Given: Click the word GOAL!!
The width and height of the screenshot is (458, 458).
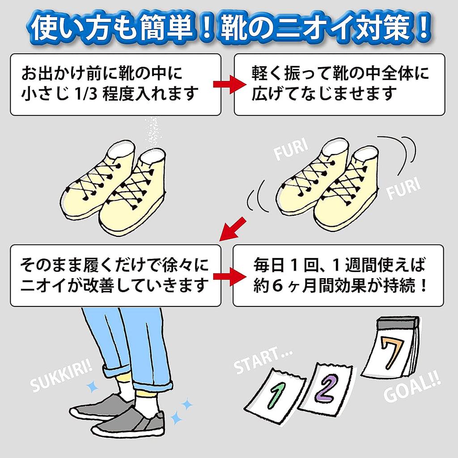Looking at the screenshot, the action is [x=411, y=389].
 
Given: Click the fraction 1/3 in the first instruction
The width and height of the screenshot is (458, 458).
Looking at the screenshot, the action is [x=81, y=94].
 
